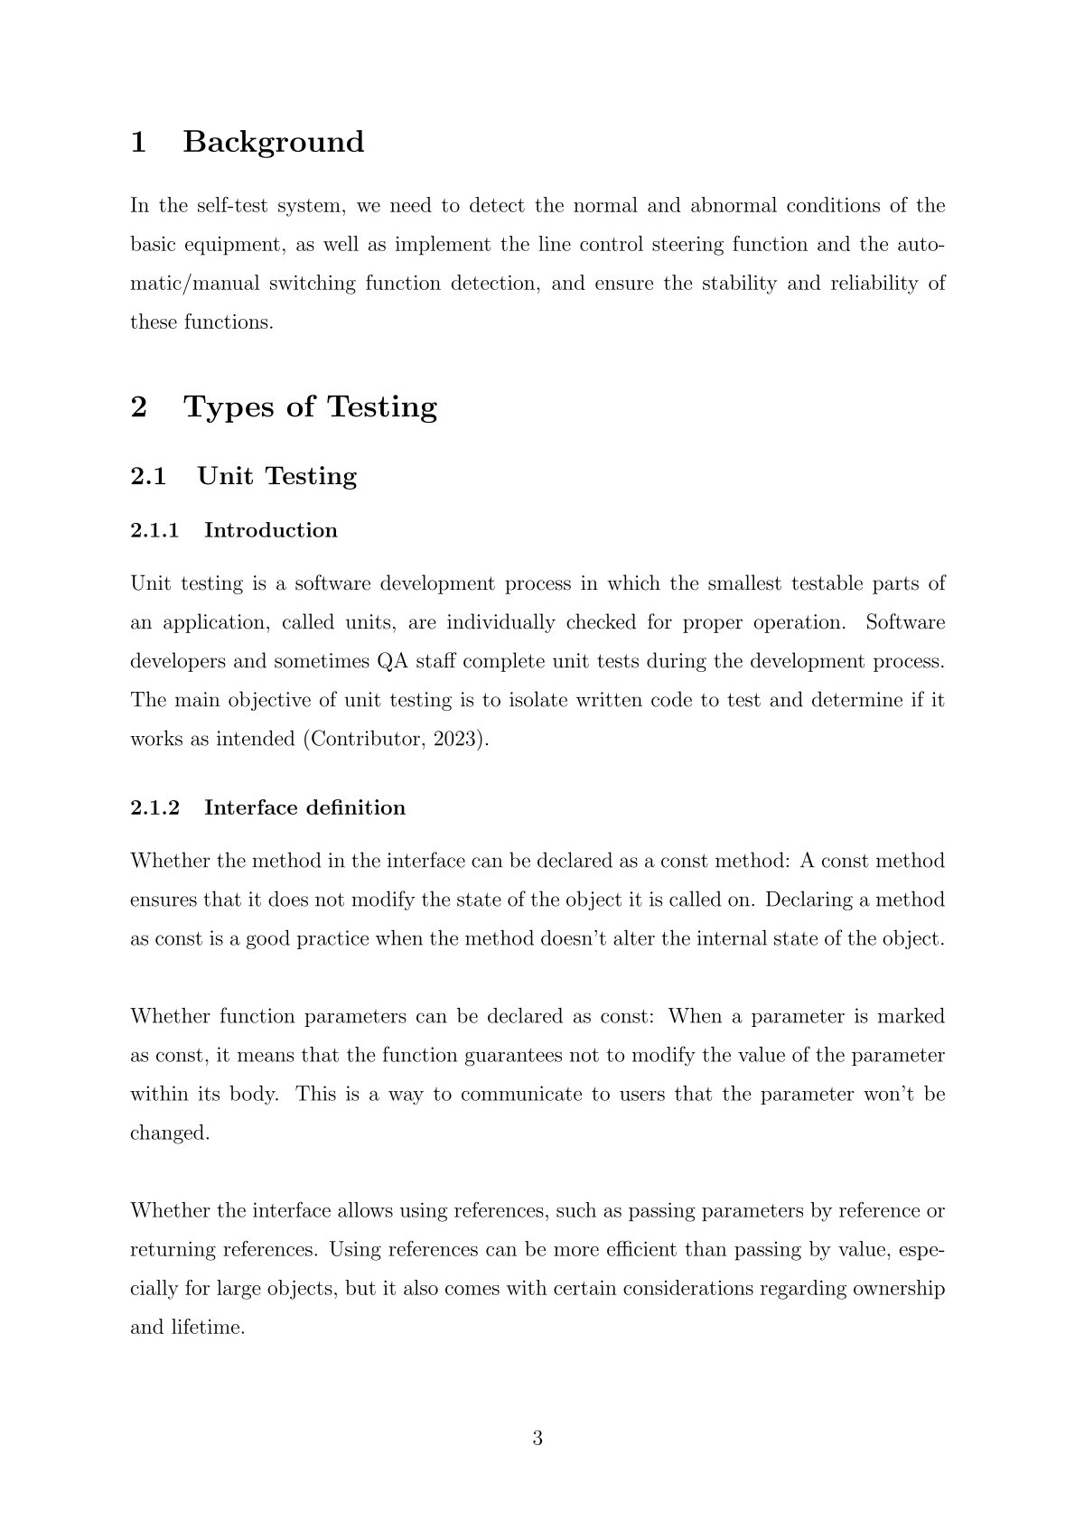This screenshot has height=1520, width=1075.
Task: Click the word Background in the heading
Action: click(x=274, y=142)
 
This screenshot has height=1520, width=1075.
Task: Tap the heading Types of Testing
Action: click(x=311, y=406)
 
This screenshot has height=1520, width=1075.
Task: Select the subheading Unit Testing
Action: click(x=277, y=476)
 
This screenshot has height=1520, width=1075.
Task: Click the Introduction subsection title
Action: click(x=271, y=530)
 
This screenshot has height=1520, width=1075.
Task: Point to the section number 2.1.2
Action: click(x=154, y=807)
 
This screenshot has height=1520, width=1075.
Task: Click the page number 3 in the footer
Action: click(x=537, y=1438)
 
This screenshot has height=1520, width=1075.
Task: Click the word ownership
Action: click(x=898, y=1288)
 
